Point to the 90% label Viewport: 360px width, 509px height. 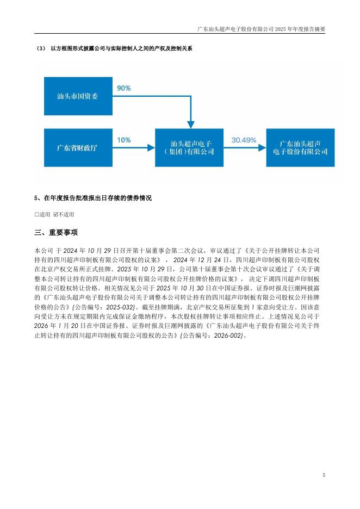point(124,87)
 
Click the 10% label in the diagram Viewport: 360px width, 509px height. point(124,140)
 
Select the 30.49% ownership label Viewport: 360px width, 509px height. point(244,140)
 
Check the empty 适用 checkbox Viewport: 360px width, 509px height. point(36,214)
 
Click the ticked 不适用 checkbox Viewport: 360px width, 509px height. point(55,214)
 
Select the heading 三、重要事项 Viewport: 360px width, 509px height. point(56,233)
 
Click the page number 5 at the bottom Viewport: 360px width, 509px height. point(324,475)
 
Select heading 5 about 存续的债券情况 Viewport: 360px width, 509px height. point(92,198)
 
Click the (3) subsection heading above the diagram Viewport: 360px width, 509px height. point(114,49)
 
